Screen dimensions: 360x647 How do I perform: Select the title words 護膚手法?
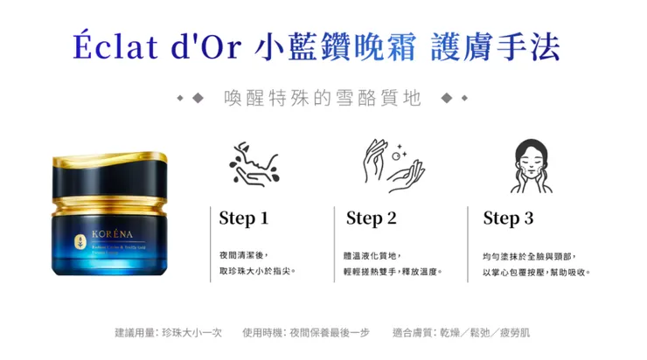coord(496,46)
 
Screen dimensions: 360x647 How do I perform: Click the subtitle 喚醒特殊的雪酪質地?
coord(323,97)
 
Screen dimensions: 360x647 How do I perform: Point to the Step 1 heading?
coord(243,218)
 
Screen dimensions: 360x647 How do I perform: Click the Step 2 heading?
coord(371,218)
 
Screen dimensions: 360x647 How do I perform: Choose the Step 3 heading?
coord(508,218)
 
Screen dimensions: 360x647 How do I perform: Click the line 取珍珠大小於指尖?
coord(257,272)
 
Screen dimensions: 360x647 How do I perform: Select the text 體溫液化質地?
coord(373,255)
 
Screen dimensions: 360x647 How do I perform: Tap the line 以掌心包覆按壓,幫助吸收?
coord(537,272)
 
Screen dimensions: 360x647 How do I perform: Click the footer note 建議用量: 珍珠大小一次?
coord(168,332)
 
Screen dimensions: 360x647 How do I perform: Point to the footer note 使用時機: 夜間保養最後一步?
coord(306,332)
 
